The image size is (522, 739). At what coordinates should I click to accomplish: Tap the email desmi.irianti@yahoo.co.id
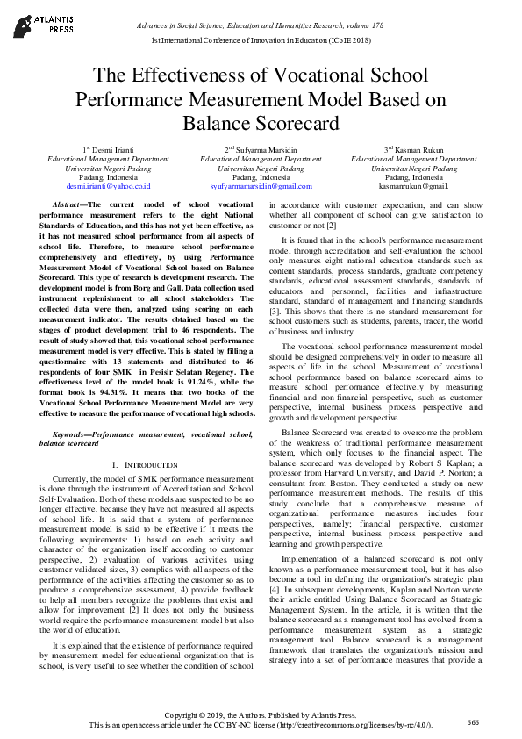[108, 186]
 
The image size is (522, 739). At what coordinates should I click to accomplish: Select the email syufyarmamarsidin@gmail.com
[261, 186]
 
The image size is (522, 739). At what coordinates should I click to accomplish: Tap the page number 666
[473, 721]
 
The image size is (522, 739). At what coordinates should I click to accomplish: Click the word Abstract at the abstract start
[68, 204]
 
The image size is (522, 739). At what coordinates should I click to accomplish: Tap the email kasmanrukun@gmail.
[413, 186]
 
